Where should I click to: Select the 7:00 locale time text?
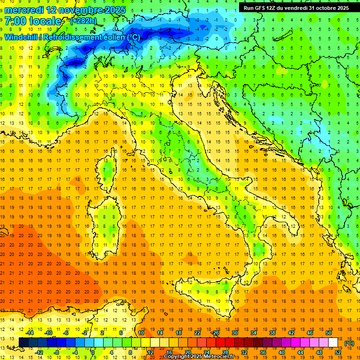pyautogui.click(x=33, y=21)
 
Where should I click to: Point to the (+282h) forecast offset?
pyautogui.click(x=83, y=21)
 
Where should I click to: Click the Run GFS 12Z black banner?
pyautogui.click(x=296, y=8)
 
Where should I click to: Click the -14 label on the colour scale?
pyautogui.click(x=30, y=333)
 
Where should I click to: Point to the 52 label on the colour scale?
pyautogui.click(x=337, y=352)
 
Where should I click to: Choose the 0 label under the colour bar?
pyautogui.click(x=93, y=352)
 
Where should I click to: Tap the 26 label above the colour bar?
pyautogui.click(x=215, y=333)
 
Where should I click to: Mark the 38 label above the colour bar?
pyautogui.click(x=272, y=333)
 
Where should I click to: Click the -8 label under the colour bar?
pyautogui.click(x=57, y=352)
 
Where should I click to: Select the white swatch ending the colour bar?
pyautogui.click(x=333, y=342)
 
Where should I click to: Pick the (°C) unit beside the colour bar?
pyautogui.click(x=349, y=343)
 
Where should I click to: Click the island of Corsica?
pyautogui.click(x=109, y=169)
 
